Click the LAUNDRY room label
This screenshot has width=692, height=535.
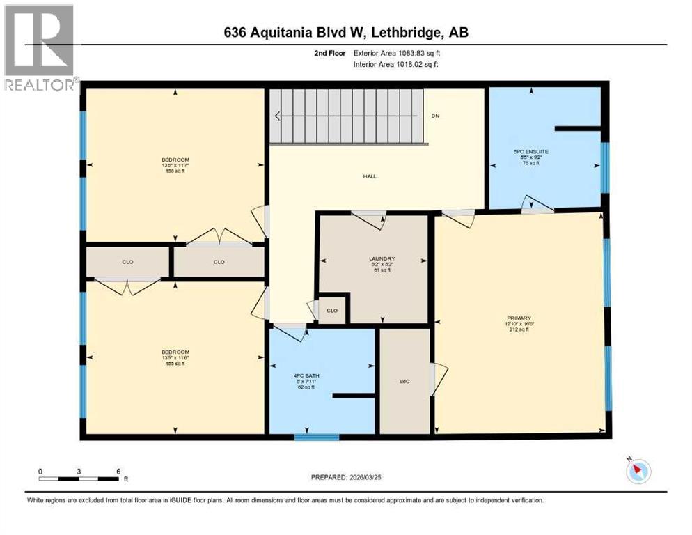click(x=382, y=258)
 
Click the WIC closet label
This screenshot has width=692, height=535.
click(x=404, y=381)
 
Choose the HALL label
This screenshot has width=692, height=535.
click(x=369, y=176)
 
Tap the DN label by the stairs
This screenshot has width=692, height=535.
click(x=435, y=116)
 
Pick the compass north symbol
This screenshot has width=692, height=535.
click(x=637, y=471)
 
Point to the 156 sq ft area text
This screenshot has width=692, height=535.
click(x=175, y=171)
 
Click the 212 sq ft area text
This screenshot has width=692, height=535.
click(x=519, y=329)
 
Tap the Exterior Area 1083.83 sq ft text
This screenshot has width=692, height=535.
click(x=397, y=53)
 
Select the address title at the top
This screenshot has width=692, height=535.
click(x=345, y=33)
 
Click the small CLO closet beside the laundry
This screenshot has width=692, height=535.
click(x=332, y=311)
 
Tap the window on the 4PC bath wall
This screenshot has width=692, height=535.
click(x=316, y=437)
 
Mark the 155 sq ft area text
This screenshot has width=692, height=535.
click(x=175, y=363)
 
